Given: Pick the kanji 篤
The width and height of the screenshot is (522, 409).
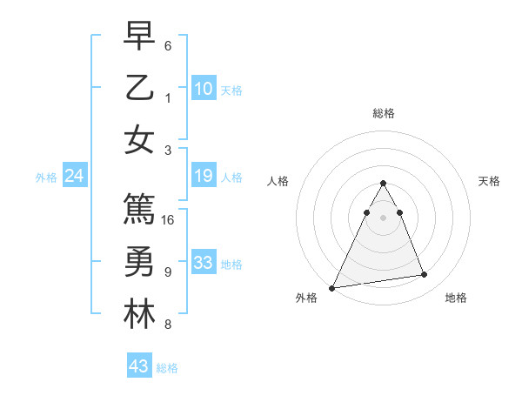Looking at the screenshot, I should point(139,209).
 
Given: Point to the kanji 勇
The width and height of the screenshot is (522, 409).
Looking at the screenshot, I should point(139,262).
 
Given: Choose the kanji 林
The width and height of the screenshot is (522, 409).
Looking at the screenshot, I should point(139,314).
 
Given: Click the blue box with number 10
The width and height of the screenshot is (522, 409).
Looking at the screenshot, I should point(204,88).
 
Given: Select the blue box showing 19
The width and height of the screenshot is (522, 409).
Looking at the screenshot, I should point(204,177).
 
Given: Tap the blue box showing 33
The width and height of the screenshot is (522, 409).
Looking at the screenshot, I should point(204,263).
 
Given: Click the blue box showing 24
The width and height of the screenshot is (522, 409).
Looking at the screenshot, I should point(75,177).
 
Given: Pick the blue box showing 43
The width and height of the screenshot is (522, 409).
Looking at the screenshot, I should point(139,366).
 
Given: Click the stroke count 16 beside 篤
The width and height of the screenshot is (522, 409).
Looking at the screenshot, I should point(169,219).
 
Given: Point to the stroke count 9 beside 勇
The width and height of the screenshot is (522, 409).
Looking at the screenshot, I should point(168,272).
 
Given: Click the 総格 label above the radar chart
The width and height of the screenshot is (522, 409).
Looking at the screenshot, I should point(383,113).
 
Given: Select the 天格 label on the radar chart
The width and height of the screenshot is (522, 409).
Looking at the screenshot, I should point(490,181).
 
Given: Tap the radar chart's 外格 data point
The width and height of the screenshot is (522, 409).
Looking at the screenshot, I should point(331,288).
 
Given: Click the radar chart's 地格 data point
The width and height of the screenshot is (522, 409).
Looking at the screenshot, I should point(425,275).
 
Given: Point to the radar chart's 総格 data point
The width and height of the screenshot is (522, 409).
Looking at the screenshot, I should point(383,184).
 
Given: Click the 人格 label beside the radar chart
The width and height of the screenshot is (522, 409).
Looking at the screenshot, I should point(278,181).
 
